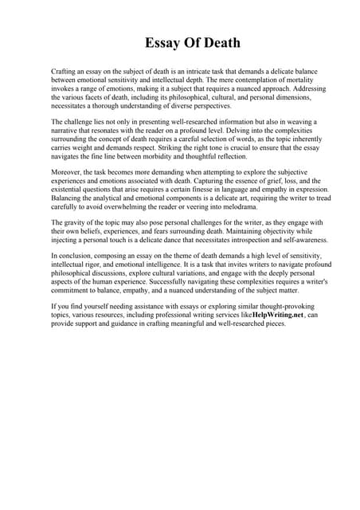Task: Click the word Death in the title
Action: coord(217,42)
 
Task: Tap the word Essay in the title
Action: coord(162,42)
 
